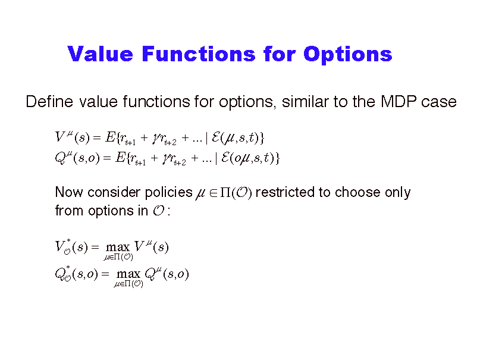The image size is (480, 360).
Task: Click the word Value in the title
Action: [x=101, y=54]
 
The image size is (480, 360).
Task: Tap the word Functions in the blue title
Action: [x=199, y=54]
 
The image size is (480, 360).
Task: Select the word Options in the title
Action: [x=348, y=55]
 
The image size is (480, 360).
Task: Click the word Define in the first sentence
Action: [x=49, y=101]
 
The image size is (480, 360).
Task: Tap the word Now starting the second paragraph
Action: [x=69, y=192]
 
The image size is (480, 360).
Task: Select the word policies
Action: [x=169, y=193]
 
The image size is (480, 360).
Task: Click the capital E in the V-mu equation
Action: [x=110, y=137]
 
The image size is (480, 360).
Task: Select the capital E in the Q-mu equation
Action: [x=120, y=158]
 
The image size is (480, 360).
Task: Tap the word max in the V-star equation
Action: [x=118, y=247]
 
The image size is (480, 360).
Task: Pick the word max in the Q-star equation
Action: [x=128, y=274]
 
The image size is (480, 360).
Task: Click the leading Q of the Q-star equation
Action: [x=59, y=274]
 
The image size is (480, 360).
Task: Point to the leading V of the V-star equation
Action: [x=59, y=246]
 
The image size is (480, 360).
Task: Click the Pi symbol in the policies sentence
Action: [x=225, y=193]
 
